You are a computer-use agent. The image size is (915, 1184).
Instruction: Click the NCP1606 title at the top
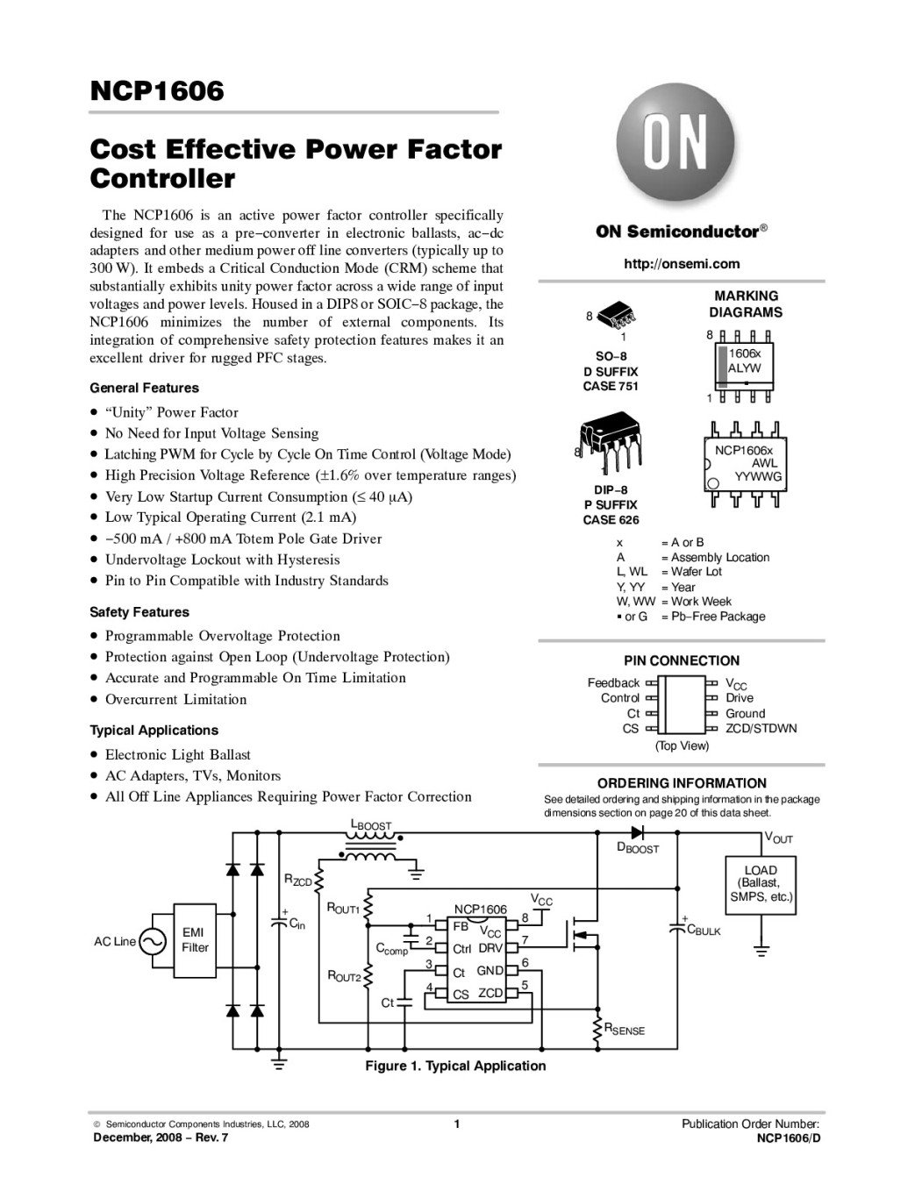click(x=157, y=90)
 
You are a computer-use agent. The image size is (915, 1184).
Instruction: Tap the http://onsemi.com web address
click(x=682, y=263)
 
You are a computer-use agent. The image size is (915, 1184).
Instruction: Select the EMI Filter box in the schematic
click(x=195, y=940)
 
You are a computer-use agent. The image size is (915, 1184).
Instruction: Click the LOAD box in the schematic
click(x=760, y=883)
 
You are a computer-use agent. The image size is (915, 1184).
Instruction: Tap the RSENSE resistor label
click(x=624, y=1031)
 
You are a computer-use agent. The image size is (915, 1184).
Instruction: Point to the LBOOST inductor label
click(x=370, y=825)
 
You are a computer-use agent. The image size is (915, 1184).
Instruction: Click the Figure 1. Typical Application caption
click(x=455, y=1066)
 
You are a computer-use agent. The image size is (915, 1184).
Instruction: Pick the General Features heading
click(x=145, y=388)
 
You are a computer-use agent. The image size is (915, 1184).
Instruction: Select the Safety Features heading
click(x=139, y=612)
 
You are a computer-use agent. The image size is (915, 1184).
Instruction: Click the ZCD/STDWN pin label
click(x=761, y=728)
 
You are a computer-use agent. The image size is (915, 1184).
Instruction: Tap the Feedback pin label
click(x=613, y=682)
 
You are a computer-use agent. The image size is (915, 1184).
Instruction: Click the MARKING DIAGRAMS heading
click(x=746, y=304)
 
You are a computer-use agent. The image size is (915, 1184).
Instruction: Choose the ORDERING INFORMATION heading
click(x=682, y=782)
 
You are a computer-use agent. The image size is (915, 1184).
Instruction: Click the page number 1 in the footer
click(x=457, y=1124)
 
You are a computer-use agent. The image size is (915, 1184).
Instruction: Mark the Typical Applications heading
click(x=154, y=730)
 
